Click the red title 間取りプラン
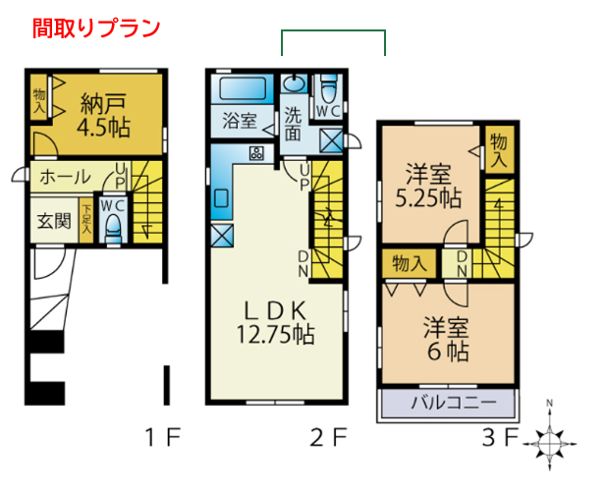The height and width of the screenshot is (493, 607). click(x=96, y=28)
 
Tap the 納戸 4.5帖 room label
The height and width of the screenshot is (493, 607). click(x=103, y=115)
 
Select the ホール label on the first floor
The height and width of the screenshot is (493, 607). click(x=65, y=177)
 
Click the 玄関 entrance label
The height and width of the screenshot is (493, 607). click(x=54, y=221)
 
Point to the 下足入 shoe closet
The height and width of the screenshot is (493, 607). click(x=86, y=220)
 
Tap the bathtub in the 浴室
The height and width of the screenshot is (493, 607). click(x=243, y=88)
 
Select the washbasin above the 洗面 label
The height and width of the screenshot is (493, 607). click(x=295, y=82)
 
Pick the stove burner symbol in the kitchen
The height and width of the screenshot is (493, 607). click(x=256, y=153)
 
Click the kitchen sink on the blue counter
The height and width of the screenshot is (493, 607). click(x=222, y=198)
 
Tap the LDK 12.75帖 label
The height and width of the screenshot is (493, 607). click(x=276, y=322)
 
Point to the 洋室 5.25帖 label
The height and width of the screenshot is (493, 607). click(x=428, y=186)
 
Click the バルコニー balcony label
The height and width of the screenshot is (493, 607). click(x=454, y=403)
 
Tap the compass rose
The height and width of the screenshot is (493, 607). click(x=549, y=440)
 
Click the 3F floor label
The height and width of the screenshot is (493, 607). click(x=499, y=438)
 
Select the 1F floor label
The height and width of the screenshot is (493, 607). click(x=163, y=438)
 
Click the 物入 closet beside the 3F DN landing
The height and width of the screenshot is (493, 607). click(x=409, y=264)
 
